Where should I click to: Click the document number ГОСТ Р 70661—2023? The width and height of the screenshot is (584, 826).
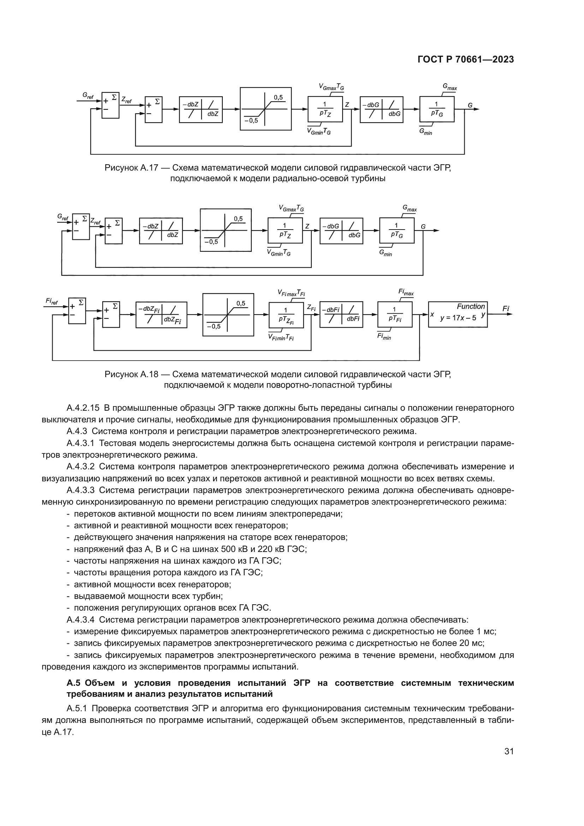point(465,60)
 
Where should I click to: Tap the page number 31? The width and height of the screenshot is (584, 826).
point(509,751)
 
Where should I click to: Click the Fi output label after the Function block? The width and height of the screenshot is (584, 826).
point(506,309)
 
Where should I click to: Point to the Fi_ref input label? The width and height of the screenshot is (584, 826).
point(52,301)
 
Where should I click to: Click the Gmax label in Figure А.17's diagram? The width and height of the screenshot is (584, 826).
point(449,87)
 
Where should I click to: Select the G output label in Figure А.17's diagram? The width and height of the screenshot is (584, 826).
point(470,105)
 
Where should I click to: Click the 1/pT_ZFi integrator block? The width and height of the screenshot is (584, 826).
point(286,315)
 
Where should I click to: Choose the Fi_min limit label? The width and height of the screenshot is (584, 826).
point(384,337)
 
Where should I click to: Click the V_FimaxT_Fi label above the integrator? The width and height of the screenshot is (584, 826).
point(291,293)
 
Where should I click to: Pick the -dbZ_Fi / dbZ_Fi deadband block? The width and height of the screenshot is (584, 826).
point(161,315)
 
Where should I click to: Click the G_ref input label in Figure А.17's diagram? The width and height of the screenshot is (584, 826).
point(88,95)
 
